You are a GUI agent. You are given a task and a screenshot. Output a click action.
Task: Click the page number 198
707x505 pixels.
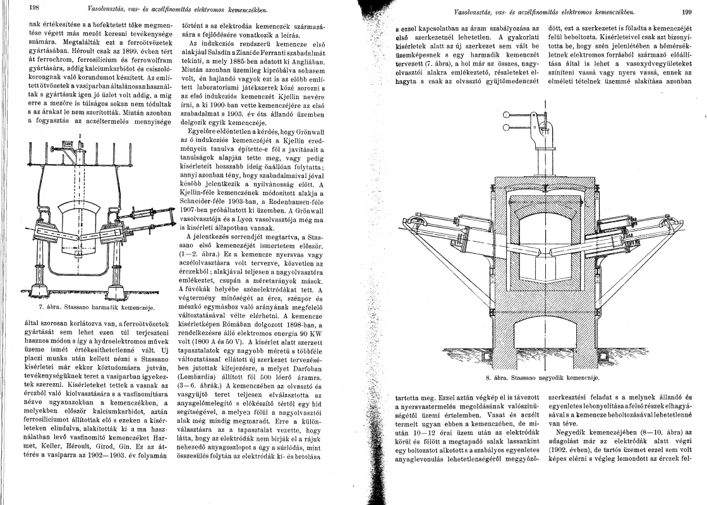[x=17, y=8]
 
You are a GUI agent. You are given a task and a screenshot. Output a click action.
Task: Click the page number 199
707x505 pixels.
[x=687, y=11]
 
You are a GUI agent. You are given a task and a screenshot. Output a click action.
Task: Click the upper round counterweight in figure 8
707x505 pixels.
[x=506, y=115]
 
